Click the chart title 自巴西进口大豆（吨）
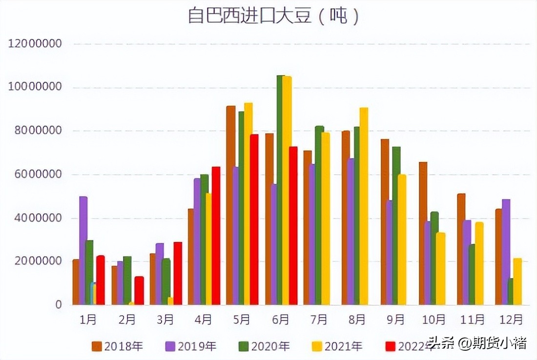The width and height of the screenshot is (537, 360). click(x=274, y=16)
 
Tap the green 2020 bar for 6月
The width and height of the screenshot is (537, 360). click(x=281, y=190)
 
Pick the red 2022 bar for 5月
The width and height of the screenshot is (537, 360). click(x=254, y=220)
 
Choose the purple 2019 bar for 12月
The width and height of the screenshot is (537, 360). click(x=506, y=252)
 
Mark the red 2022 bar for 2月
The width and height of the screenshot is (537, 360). click(x=139, y=290)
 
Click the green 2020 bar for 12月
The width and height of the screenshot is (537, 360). click(x=511, y=292)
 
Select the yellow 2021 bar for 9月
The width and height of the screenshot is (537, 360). click(x=402, y=240)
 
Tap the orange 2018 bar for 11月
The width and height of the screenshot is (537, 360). click(x=461, y=249)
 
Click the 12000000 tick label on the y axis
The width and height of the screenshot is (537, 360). click(x=35, y=44)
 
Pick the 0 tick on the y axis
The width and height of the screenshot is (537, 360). click(x=59, y=305)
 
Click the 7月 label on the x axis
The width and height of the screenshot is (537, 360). click(x=319, y=320)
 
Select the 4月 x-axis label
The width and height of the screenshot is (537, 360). click(x=203, y=320)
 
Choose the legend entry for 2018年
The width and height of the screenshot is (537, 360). click(x=117, y=346)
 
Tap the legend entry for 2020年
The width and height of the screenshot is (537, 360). click(x=264, y=346)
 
